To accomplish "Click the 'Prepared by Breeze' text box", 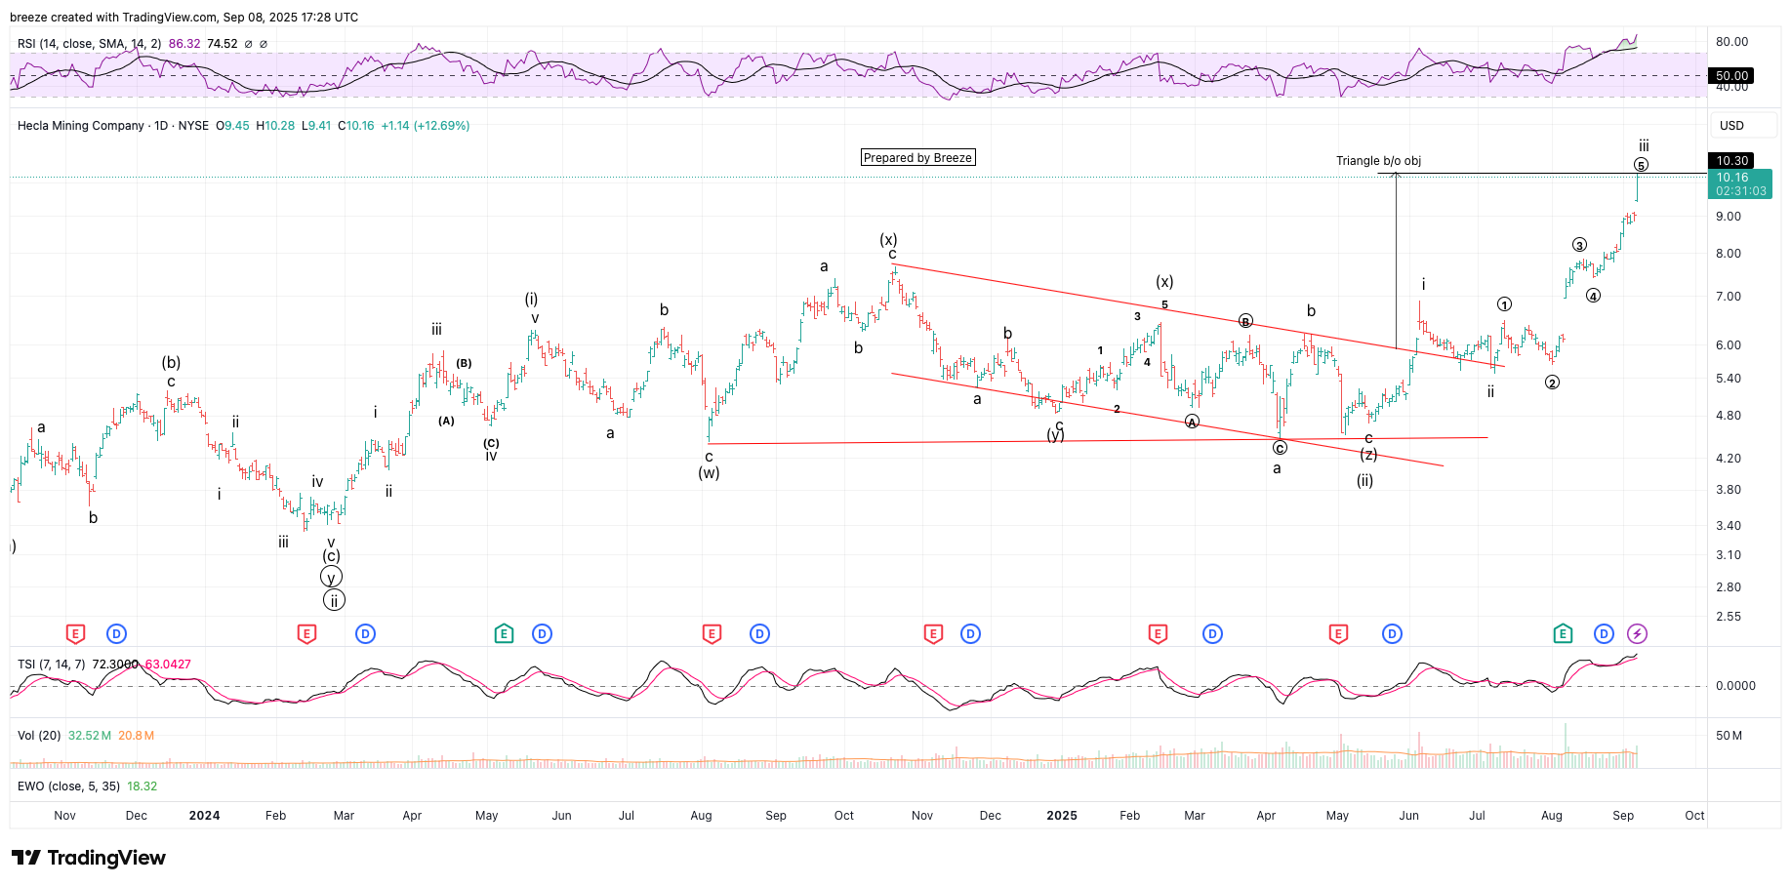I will click(x=917, y=158).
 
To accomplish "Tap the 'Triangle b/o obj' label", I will click(x=1378, y=161).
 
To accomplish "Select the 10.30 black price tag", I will click(x=1732, y=161).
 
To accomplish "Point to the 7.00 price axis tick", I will click(x=1728, y=297).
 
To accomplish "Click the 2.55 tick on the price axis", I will click(x=1728, y=617).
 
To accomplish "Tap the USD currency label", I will click(x=1731, y=126).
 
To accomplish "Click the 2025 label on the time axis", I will click(x=1062, y=816).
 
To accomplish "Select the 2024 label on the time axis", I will click(x=204, y=816).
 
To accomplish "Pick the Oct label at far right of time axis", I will click(x=1694, y=816).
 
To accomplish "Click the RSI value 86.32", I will click(x=184, y=44).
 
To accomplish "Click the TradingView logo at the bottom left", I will click(x=89, y=858).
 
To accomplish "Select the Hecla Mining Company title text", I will click(x=81, y=126).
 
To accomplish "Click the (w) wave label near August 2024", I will click(x=709, y=473).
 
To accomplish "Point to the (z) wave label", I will click(x=1368, y=455).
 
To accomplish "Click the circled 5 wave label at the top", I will click(x=1641, y=165).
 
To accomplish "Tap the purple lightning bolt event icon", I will click(x=1637, y=634).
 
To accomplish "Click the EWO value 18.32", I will click(x=142, y=786).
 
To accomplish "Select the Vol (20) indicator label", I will click(x=39, y=736).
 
